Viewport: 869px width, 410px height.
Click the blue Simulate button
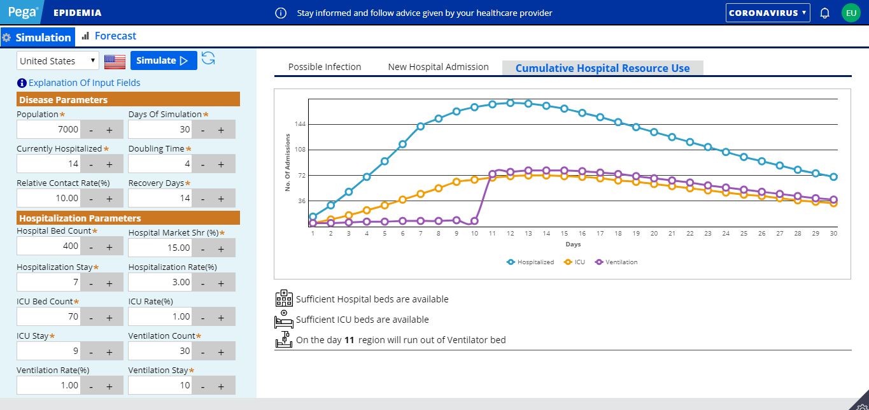click(x=163, y=60)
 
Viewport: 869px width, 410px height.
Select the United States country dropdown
click(x=57, y=61)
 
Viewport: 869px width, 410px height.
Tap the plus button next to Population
click(x=109, y=130)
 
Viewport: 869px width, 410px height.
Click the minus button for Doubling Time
click(x=202, y=164)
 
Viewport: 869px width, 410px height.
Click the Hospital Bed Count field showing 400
click(x=49, y=246)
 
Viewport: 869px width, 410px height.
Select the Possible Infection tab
click(x=325, y=67)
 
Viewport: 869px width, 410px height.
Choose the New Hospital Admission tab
click(x=438, y=67)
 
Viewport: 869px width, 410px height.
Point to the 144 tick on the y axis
click(x=300, y=124)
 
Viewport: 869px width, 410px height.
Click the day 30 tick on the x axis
click(x=834, y=234)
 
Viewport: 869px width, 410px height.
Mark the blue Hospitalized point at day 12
click(x=511, y=102)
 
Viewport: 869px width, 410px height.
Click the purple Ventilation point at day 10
click(x=474, y=221)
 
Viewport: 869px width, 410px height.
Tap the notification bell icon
click(x=825, y=13)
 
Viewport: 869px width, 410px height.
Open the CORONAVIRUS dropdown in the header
click(x=768, y=13)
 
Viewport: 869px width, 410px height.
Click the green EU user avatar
click(x=851, y=13)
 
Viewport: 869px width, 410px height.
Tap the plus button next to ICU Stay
click(x=109, y=351)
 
